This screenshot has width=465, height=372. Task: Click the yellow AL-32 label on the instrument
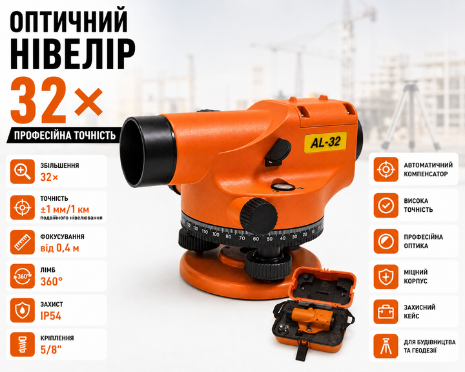(x=325, y=142)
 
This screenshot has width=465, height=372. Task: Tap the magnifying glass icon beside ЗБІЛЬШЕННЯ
(x=23, y=171)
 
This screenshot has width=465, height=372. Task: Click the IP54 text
(x=51, y=316)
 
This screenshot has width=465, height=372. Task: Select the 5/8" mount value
(x=51, y=350)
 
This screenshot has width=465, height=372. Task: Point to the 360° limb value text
(x=52, y=282)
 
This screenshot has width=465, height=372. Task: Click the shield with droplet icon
(x=23, y=310)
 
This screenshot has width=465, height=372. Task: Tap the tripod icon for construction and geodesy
(x=386, y=346)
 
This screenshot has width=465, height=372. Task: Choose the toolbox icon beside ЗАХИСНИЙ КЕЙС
(x=386, y=312)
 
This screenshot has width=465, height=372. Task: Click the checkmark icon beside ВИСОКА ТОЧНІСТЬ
(x=386, y=205)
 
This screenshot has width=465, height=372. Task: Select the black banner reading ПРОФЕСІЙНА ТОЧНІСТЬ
(x=64, y=135)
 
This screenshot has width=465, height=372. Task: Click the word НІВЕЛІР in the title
(x=72, y=55)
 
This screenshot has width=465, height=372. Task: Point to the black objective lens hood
(x=147, y=150)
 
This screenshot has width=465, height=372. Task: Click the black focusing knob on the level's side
(x=258, y=216)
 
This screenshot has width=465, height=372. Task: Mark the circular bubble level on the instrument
(x=283, y=187)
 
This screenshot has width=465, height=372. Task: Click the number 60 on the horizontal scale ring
(x=256, y=238)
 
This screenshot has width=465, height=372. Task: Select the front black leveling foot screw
(x=268, y=263)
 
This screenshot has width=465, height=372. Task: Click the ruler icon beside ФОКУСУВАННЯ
(x=23, y=242)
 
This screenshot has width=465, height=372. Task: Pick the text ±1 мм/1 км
(x=65, y=209)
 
